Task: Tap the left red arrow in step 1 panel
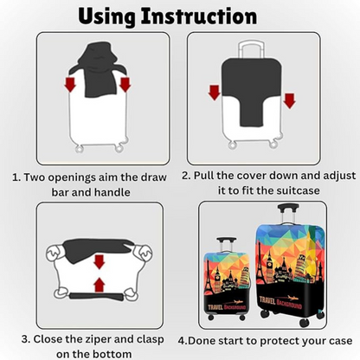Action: click(x=70, y=84)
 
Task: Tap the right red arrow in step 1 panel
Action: click(x=125, y=84)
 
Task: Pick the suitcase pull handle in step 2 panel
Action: click(x=252, y=48)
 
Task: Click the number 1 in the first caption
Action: click(x=16, y=177)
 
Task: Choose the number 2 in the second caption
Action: click(x=187, y=174)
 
